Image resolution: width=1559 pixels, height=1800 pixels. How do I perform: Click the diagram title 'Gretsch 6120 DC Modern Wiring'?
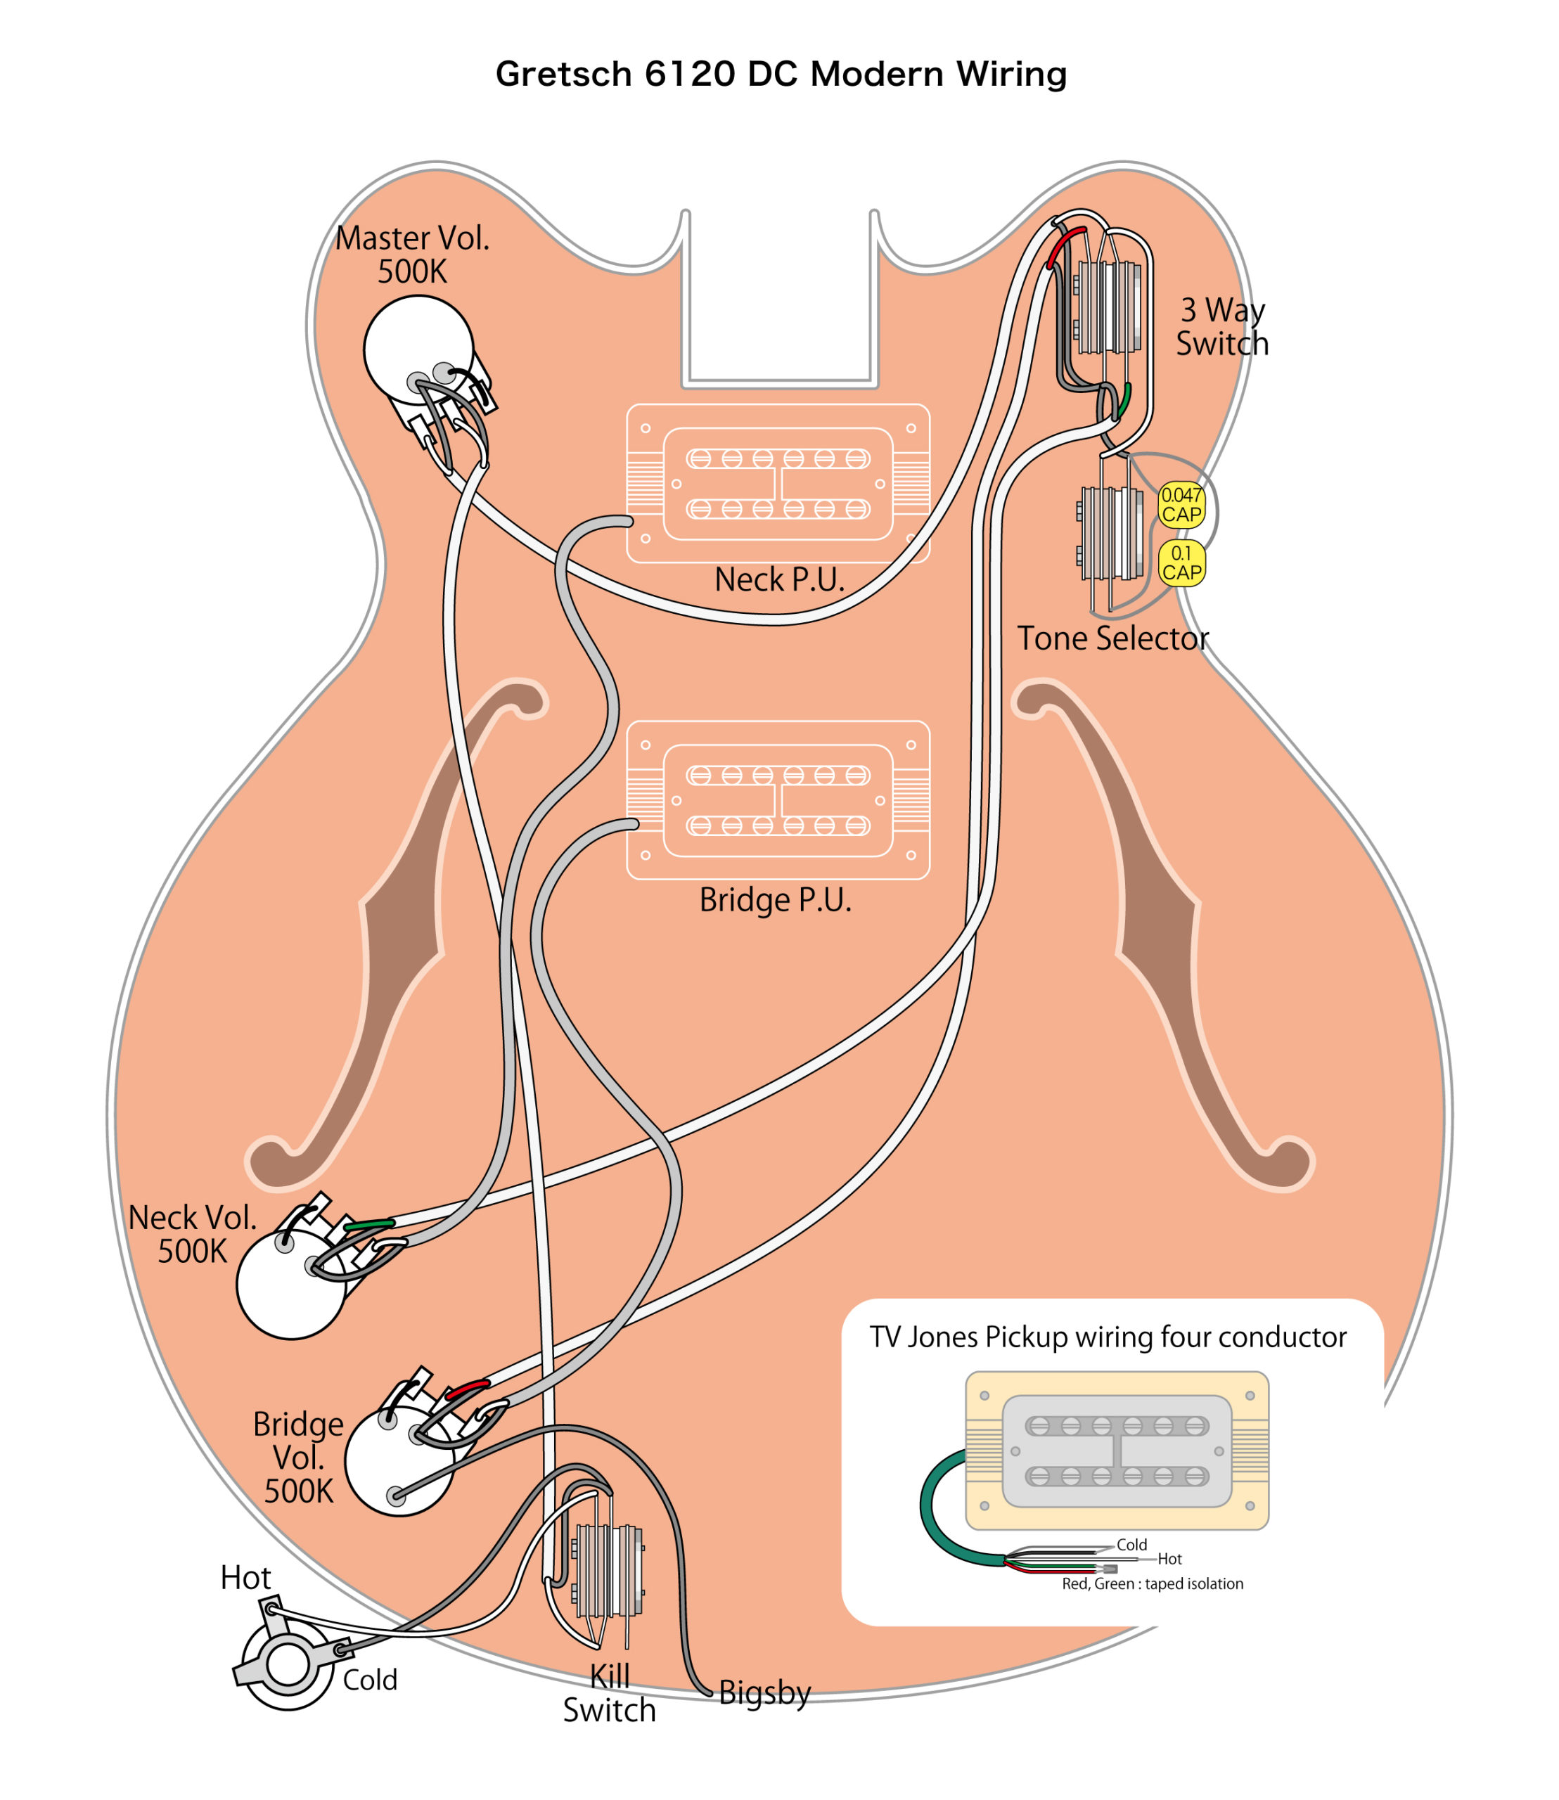click(x=781, y=74)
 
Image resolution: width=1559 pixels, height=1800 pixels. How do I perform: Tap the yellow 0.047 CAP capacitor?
click(x=1181, y=505)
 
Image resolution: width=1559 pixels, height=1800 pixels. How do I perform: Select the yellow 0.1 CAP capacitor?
click(x=1181, y=563)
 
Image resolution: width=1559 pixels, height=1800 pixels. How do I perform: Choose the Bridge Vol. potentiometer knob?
click(x=399, y=1462)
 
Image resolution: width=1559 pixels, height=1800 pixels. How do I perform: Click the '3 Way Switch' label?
click(x=1221, y=326)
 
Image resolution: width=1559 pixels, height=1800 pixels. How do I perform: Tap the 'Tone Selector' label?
click(x=1112, y=638)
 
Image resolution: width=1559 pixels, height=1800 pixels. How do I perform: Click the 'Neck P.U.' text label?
click(x=779, y=579)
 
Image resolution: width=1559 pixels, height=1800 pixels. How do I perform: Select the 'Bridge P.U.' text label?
click(x=775, y=899)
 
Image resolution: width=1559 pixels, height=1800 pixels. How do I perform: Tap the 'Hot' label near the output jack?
click(x=245, y=1577)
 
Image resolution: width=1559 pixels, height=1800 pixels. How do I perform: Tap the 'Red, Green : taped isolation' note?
click(x=1152, y=1583)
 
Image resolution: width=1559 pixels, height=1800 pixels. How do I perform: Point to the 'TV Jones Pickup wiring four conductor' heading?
click(x=1108, y=1337)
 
